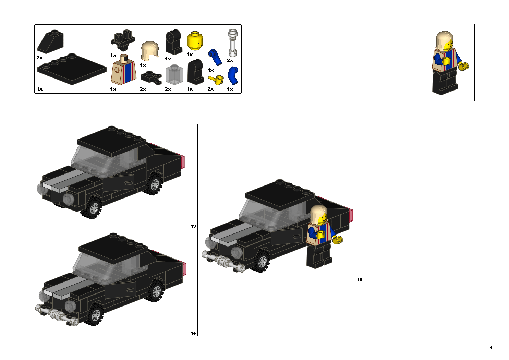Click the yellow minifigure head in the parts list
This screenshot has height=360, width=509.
pos(195,41)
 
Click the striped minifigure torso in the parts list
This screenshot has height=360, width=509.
pos(123,72)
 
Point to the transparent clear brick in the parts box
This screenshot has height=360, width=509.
pos(174,75)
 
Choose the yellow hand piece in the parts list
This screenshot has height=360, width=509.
pos(216,80)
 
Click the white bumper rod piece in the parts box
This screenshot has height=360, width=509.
pos(233,43)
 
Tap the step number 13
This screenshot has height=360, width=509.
pos(193,226)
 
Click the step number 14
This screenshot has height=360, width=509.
pos(193,333)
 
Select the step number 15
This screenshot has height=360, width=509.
pos(360,279)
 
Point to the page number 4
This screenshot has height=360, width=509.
pos(491,347)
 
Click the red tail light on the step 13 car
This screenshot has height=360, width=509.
pos(182,161)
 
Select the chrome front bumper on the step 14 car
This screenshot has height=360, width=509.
pos(56,314)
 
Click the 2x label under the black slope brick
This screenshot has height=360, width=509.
pos(39,58)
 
